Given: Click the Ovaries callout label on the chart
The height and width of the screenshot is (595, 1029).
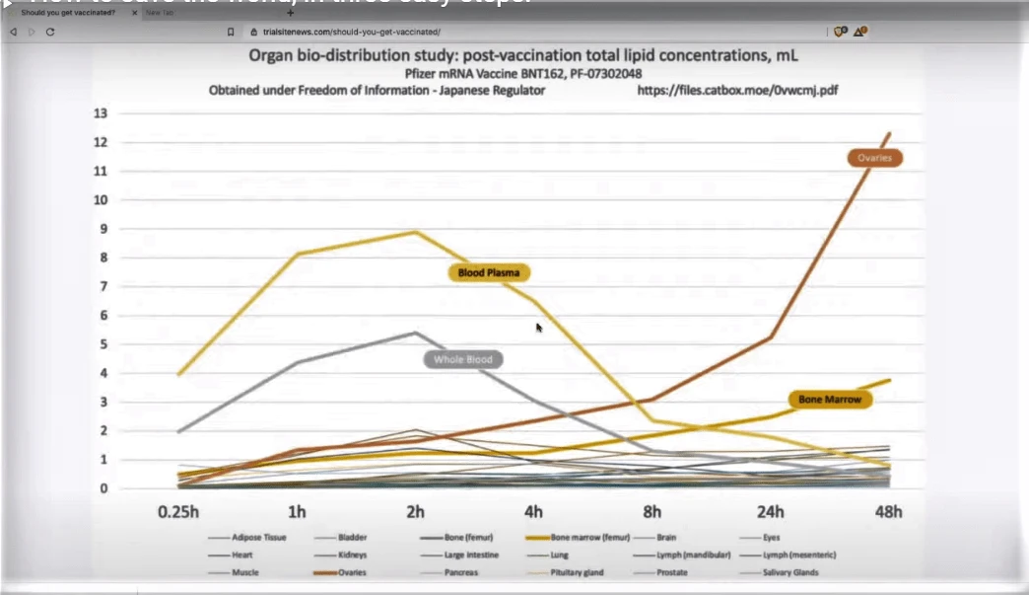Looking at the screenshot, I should click(x=875, y=158).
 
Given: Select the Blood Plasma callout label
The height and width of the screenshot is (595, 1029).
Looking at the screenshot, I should click(x=490, y=272).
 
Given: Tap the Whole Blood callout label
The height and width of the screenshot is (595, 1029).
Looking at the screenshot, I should click(x=463, y=359).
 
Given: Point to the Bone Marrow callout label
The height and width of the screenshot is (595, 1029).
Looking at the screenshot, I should click(x=830, y=400).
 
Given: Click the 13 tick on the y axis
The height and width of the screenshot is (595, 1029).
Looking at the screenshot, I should click(x=101, y=113).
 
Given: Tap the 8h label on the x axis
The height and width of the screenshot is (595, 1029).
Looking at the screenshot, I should click(x=652, y=513).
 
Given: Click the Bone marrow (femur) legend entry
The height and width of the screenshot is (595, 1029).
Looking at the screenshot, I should click(x=582, y=538).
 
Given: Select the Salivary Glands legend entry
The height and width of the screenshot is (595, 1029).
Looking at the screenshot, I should click(x=789, y=572).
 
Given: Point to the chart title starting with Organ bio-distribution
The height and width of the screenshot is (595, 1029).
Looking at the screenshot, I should click(x=522, y=55).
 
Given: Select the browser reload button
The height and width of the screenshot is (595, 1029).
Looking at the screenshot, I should click(x=50, y=32).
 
